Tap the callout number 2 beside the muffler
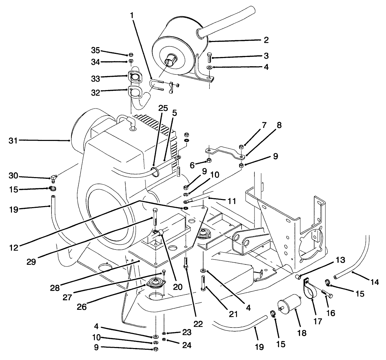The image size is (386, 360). (x=266, y=40)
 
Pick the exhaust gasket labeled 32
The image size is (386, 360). (x=136, y=93)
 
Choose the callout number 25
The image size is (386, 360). (x=163, y=108)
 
